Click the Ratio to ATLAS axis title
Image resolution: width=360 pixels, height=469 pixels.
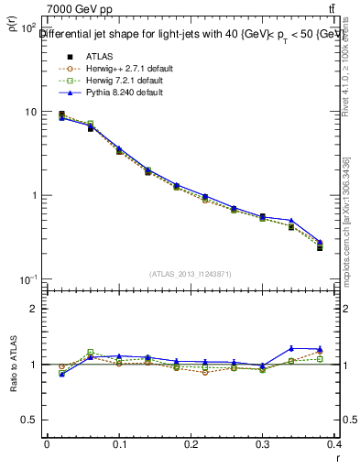point(12,366)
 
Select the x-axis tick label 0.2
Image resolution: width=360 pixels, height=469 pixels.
point(191,443)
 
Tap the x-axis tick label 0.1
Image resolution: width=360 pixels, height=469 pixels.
point(118,443)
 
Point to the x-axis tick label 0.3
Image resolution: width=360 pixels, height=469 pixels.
point(262,443)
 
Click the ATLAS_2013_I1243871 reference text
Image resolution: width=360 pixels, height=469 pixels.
point(191,274)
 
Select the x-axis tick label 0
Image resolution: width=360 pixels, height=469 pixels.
point(47,443)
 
